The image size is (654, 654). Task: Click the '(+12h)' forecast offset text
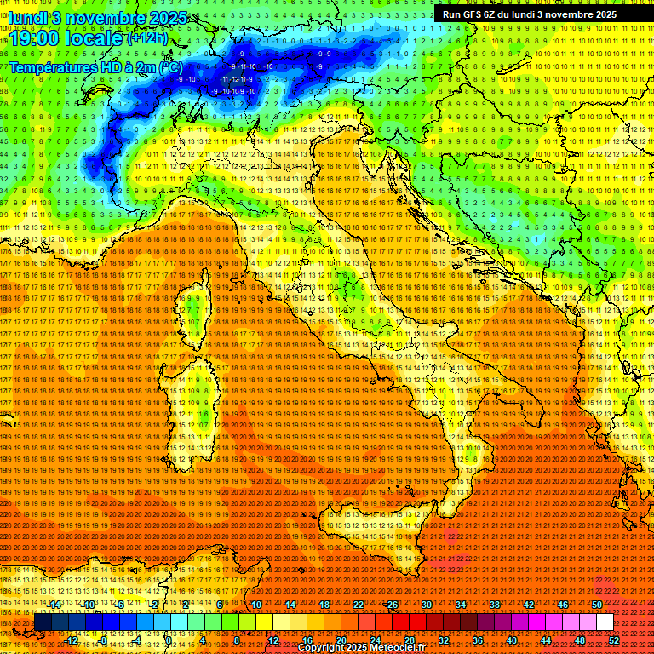[x=149, y=38]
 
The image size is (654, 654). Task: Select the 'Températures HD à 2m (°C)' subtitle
[x=95, y=66]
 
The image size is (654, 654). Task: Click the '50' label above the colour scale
[x=597, y=605]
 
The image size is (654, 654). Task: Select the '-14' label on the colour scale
[x=56, y=605]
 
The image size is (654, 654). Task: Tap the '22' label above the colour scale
[x=359, y=605]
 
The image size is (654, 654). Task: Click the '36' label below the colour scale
[x=478, y=640]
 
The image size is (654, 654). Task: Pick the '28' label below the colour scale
[x=410, y=640]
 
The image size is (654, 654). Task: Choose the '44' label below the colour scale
[x=546, y=640]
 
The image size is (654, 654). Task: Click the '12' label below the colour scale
[x=273, y=640]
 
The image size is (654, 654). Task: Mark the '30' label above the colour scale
[x=427, y=605]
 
